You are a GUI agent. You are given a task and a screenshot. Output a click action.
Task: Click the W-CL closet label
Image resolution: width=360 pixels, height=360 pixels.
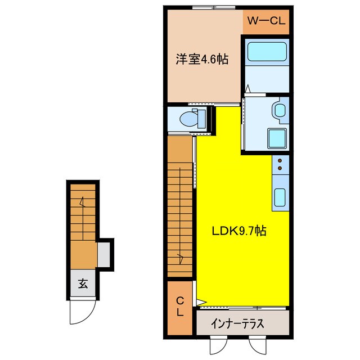[266, 22]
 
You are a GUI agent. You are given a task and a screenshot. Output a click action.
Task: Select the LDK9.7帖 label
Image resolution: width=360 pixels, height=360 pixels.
[239, 231]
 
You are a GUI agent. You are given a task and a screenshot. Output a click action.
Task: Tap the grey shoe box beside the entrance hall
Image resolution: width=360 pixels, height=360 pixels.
[105, 253]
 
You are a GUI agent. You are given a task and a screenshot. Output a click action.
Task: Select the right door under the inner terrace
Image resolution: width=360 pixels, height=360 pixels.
[256, 345]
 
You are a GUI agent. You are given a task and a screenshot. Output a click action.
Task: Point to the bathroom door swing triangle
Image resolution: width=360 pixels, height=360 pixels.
[248, 88]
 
